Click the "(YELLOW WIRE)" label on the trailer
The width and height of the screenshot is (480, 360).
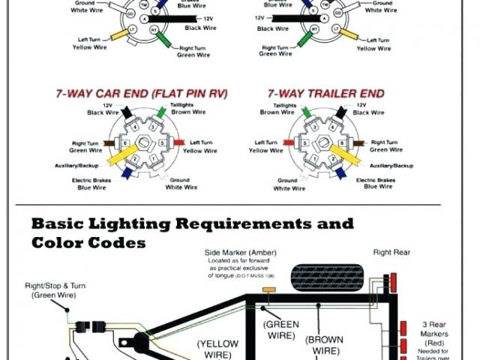coord(217,349)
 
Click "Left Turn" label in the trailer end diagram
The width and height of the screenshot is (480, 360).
coord(267,142)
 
